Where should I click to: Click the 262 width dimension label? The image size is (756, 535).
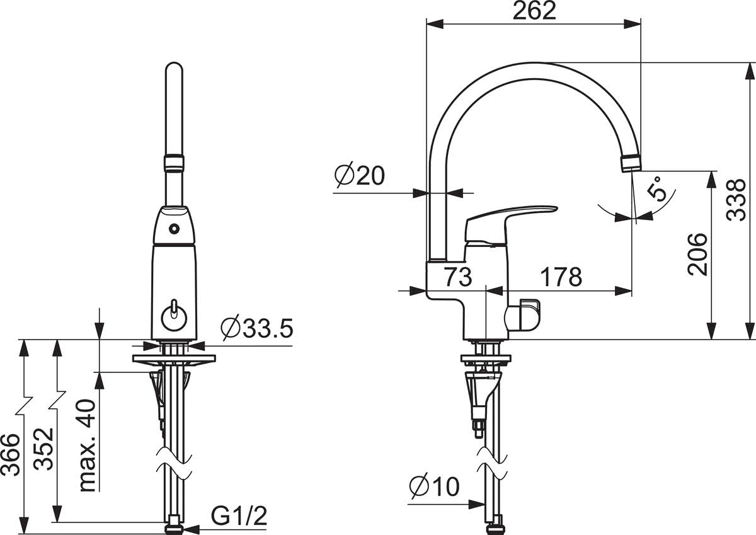[534, 11]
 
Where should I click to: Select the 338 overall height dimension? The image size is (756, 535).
[736, 200]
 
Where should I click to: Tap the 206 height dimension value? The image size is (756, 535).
[697, 254]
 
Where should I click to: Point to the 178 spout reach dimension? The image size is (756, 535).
[561, 277]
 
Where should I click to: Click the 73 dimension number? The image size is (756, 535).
[457, 277]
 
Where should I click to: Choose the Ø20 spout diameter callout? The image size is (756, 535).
[360, 176]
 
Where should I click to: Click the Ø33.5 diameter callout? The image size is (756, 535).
[257, 328]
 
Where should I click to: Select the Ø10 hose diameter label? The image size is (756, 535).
[435, 486]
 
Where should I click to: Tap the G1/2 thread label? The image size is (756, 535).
[239, 516]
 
